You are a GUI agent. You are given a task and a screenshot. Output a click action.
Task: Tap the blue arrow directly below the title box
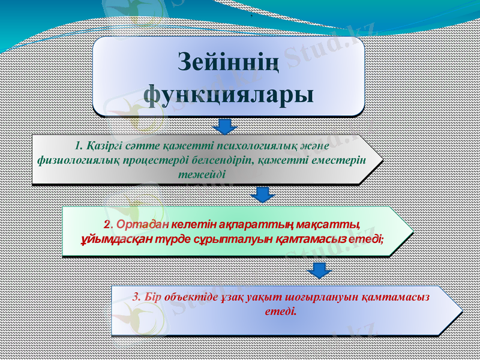click(x=225, y=126)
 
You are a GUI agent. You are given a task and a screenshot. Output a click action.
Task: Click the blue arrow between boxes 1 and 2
click(x=262, y=194)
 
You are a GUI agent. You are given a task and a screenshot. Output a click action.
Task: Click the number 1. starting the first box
click(x=79, y=146)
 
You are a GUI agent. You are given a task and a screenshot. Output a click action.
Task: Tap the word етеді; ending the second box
click(x=367, y=239)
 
